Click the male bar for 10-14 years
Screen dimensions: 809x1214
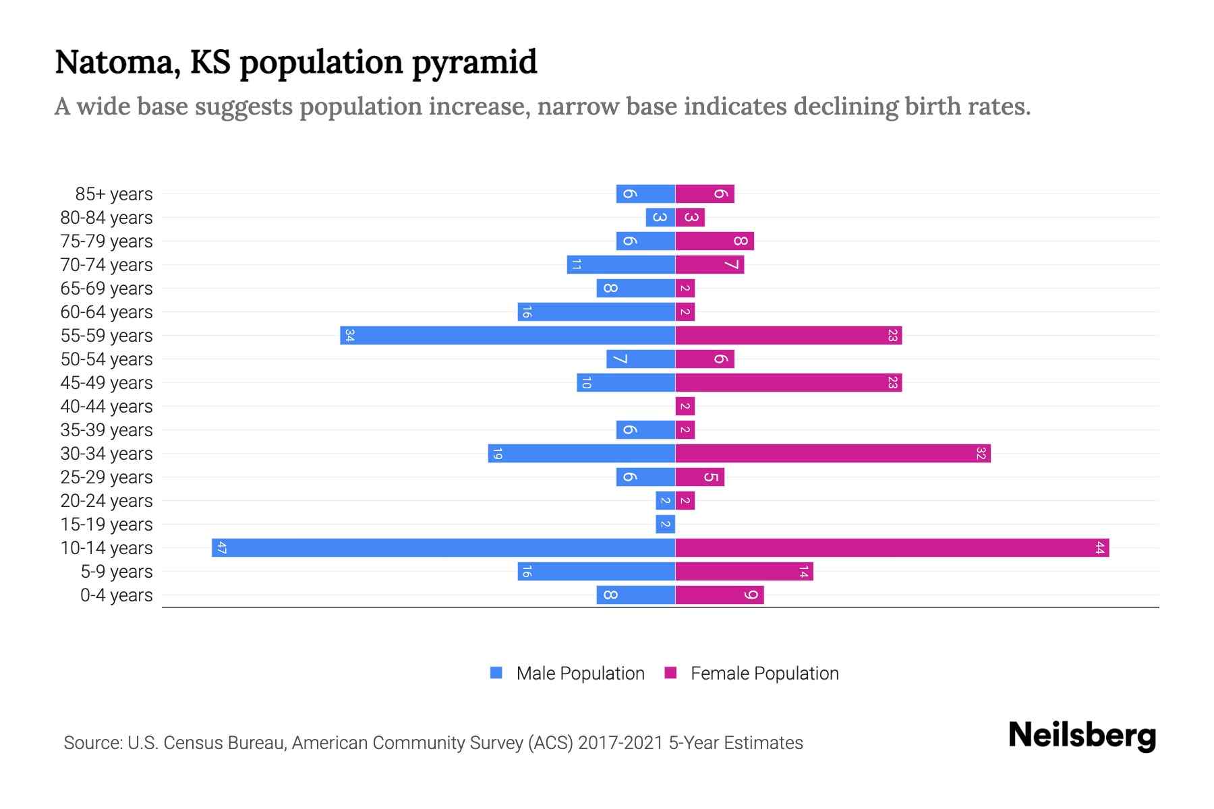(x=443, y=547)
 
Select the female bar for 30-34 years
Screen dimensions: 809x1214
(x=833, y=453)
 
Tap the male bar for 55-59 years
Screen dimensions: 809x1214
(x=507, y=335)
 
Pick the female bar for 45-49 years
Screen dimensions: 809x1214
(x=788, y=382)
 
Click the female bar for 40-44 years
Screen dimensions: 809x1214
(x=685, y=406)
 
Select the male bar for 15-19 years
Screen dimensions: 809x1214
(x=665, y=524)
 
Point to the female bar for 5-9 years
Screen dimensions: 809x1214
(x=744, y=571)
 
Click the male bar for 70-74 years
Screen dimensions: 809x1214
(x=620, y=264)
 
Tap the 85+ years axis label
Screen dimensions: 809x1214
(x=114, y=194)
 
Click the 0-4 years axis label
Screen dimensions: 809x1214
(x=116, y=595)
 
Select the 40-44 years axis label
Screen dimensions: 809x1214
(x=107, y=407)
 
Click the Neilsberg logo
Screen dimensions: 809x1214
(x=1082, y=736)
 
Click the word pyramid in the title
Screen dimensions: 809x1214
(x=474, y=63)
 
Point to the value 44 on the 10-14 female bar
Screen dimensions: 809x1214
(x=1099, y=547)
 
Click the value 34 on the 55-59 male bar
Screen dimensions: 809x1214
(x=349, y=335)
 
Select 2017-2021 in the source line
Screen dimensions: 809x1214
(x=620, y=743)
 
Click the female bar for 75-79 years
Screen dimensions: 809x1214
(x=714, y=241)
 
